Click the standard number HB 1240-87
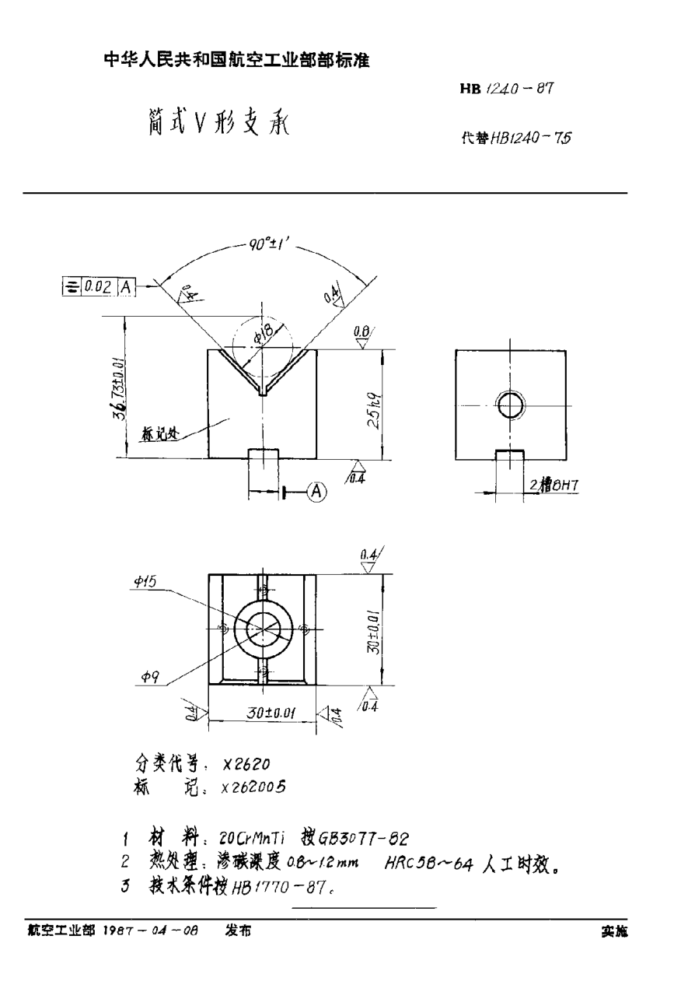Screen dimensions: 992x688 (506, 89)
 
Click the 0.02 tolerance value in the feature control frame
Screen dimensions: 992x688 (98, 286)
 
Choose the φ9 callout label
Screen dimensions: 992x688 (150, 678)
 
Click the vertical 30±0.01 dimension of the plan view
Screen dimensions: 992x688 (375, 629)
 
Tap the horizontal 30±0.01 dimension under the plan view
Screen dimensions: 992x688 (262, 712)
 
